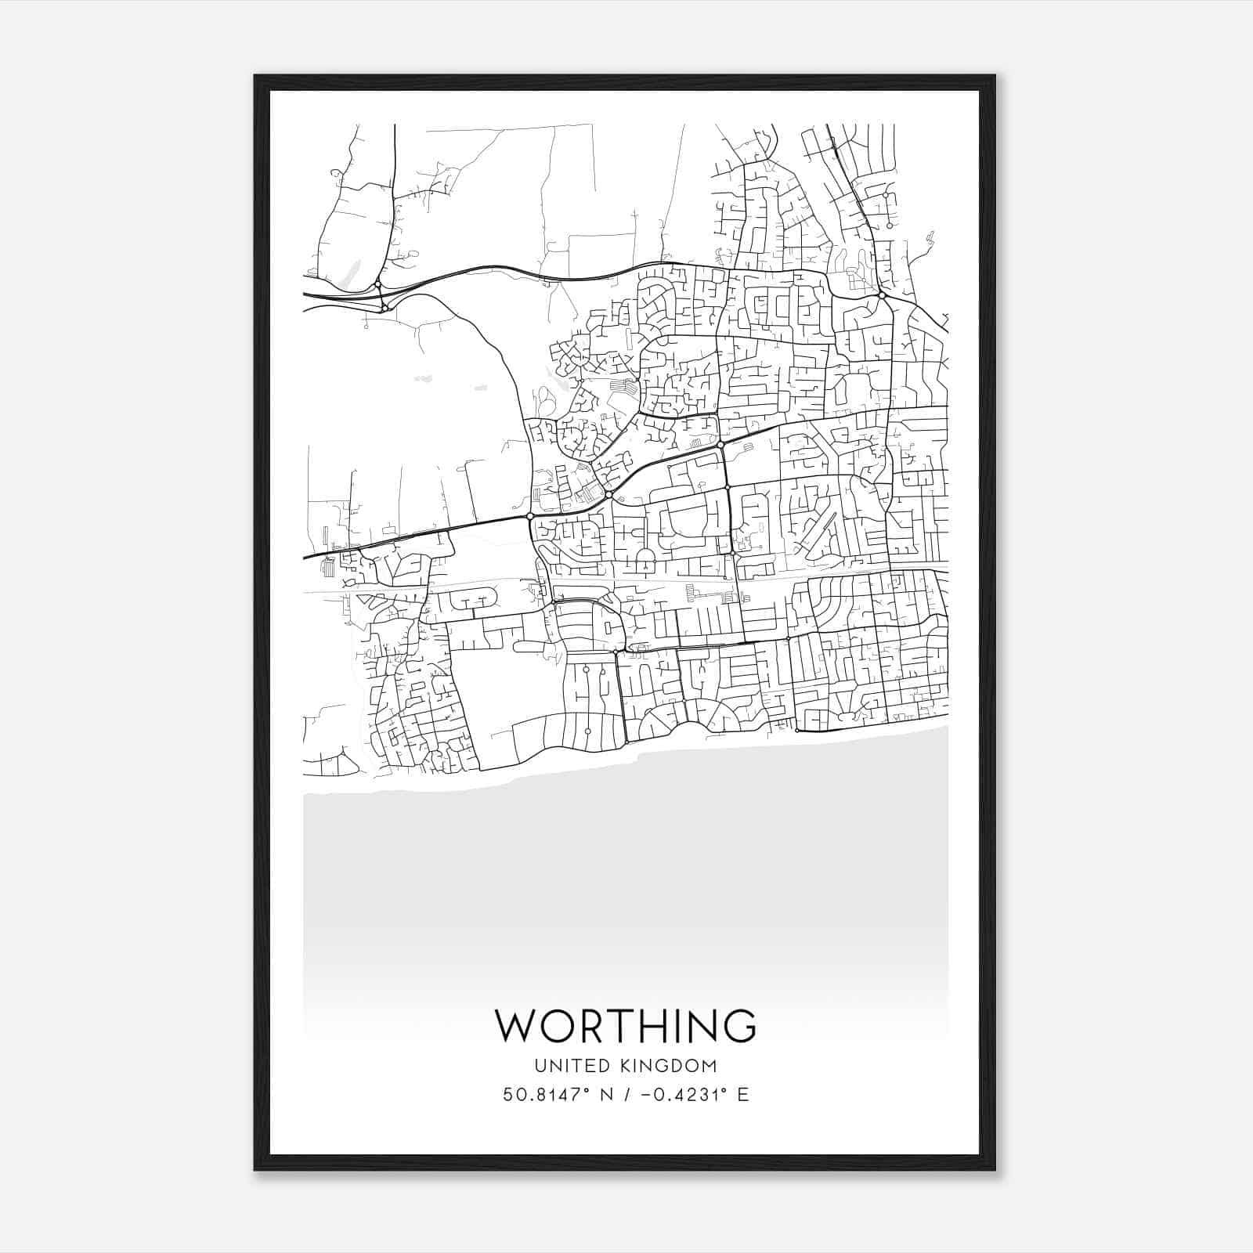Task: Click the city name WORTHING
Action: point(626,1025)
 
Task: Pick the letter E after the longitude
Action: point(742,1094)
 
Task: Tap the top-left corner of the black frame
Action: point(255,76)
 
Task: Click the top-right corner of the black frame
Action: point(995,76)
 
